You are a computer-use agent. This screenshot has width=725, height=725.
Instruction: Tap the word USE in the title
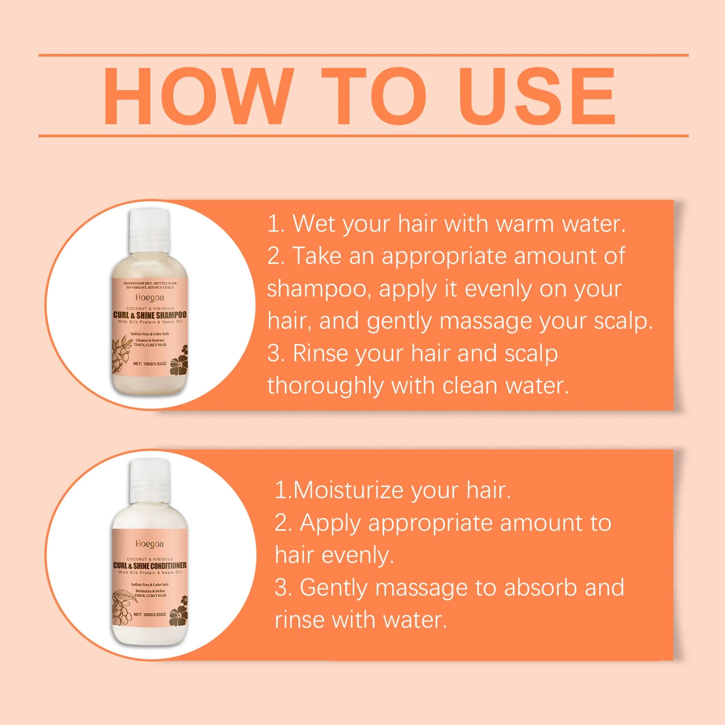(537, 96)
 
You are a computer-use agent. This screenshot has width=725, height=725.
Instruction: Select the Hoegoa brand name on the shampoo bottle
(150, 298)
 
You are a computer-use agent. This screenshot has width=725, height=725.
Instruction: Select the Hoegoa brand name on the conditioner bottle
(150, 544)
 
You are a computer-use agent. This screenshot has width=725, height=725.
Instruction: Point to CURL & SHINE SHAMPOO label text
(150, 315)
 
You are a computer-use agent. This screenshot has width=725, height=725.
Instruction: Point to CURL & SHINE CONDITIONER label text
(150, 565)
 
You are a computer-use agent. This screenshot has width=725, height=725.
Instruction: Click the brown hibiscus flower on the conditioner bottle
(179, 613)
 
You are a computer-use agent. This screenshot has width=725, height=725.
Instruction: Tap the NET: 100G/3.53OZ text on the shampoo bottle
(150, 363)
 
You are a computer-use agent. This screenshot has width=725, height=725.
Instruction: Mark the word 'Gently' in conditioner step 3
(333, 588)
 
